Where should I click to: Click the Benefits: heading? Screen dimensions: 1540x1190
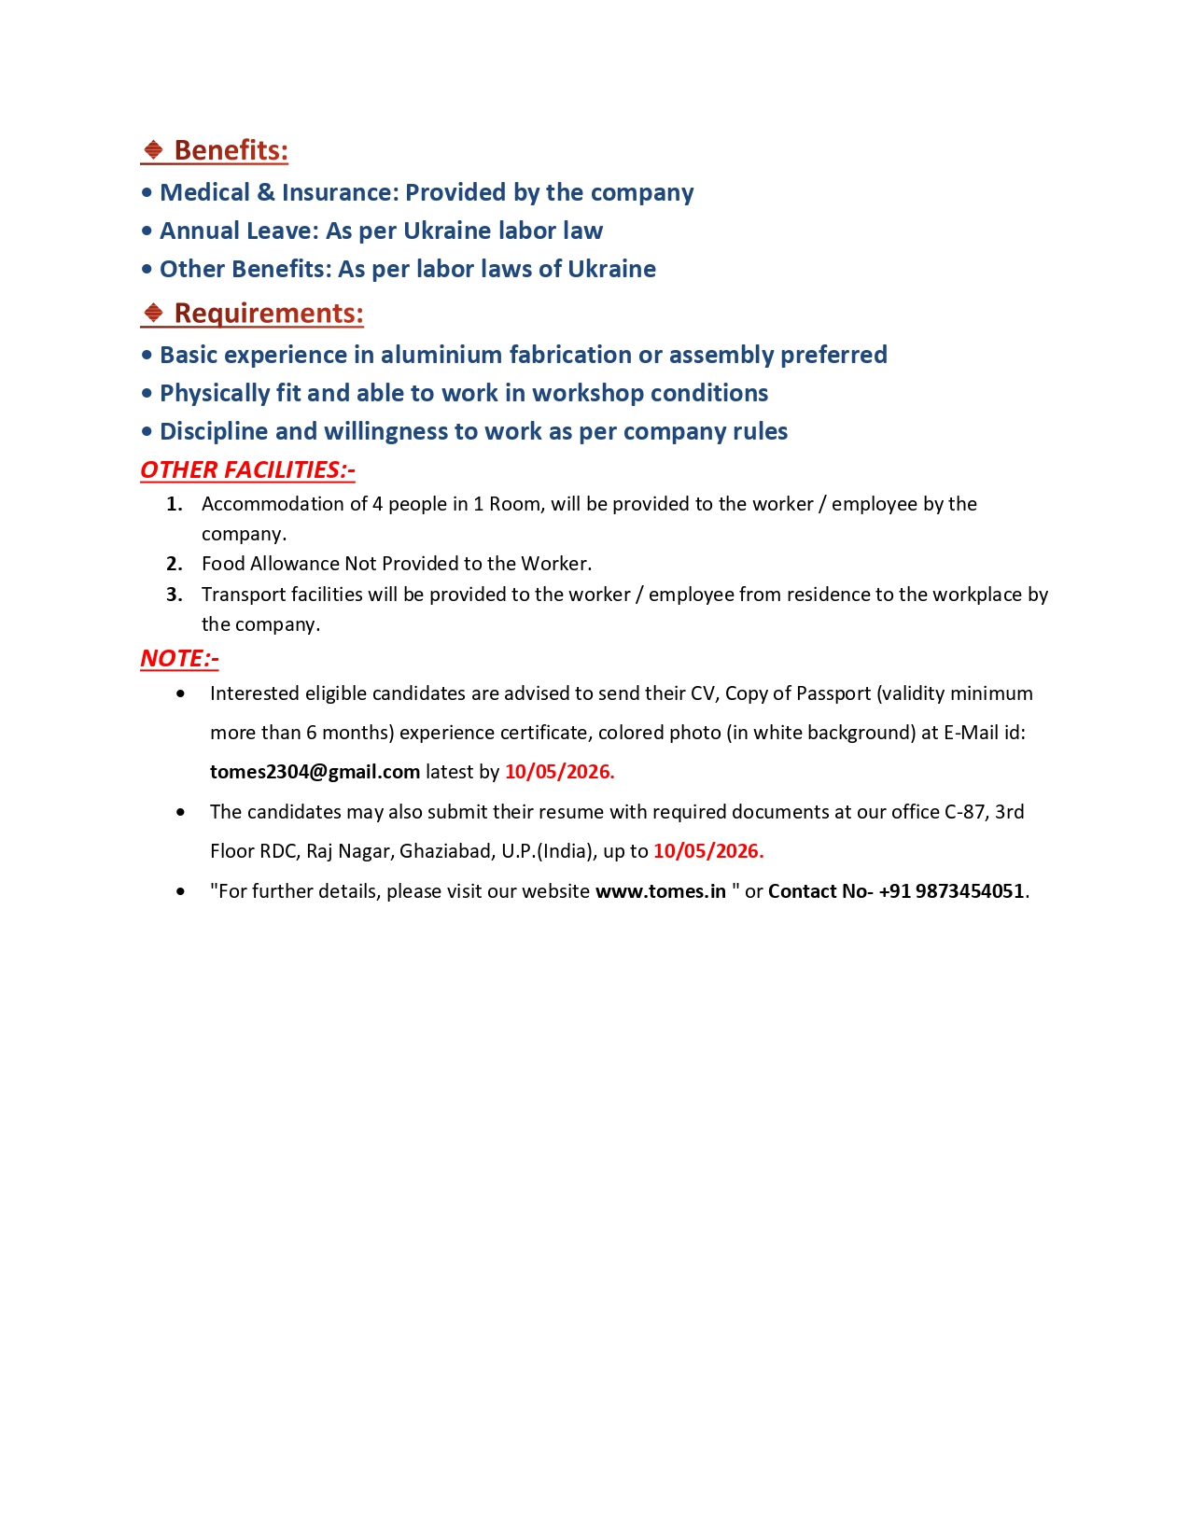coord(231,150)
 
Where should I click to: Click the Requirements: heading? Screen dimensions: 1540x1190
coord(269,313)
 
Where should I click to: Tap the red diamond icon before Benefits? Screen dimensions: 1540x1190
coord(153,150)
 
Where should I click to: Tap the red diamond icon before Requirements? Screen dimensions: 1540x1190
coord(153,313)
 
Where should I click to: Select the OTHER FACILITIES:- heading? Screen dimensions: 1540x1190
coord(247,469)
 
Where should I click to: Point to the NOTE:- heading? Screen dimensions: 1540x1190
coord(179,658)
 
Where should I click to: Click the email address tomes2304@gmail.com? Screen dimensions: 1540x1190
coord(315,772)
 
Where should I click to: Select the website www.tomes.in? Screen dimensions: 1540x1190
coord(660,891)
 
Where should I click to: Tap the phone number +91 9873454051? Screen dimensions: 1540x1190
coord(951,891)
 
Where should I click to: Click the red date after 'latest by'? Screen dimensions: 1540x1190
coord(559,772)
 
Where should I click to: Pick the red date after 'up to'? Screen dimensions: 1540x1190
coord(708,851)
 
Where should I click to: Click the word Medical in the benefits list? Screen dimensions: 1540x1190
coord(204,192)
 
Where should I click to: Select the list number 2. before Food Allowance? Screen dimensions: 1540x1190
coord(175,564)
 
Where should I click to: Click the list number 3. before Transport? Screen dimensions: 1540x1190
coord(175,595)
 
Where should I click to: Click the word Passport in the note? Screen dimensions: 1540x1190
coord(833,693)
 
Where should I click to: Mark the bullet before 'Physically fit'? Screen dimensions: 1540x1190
coord(147,394)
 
